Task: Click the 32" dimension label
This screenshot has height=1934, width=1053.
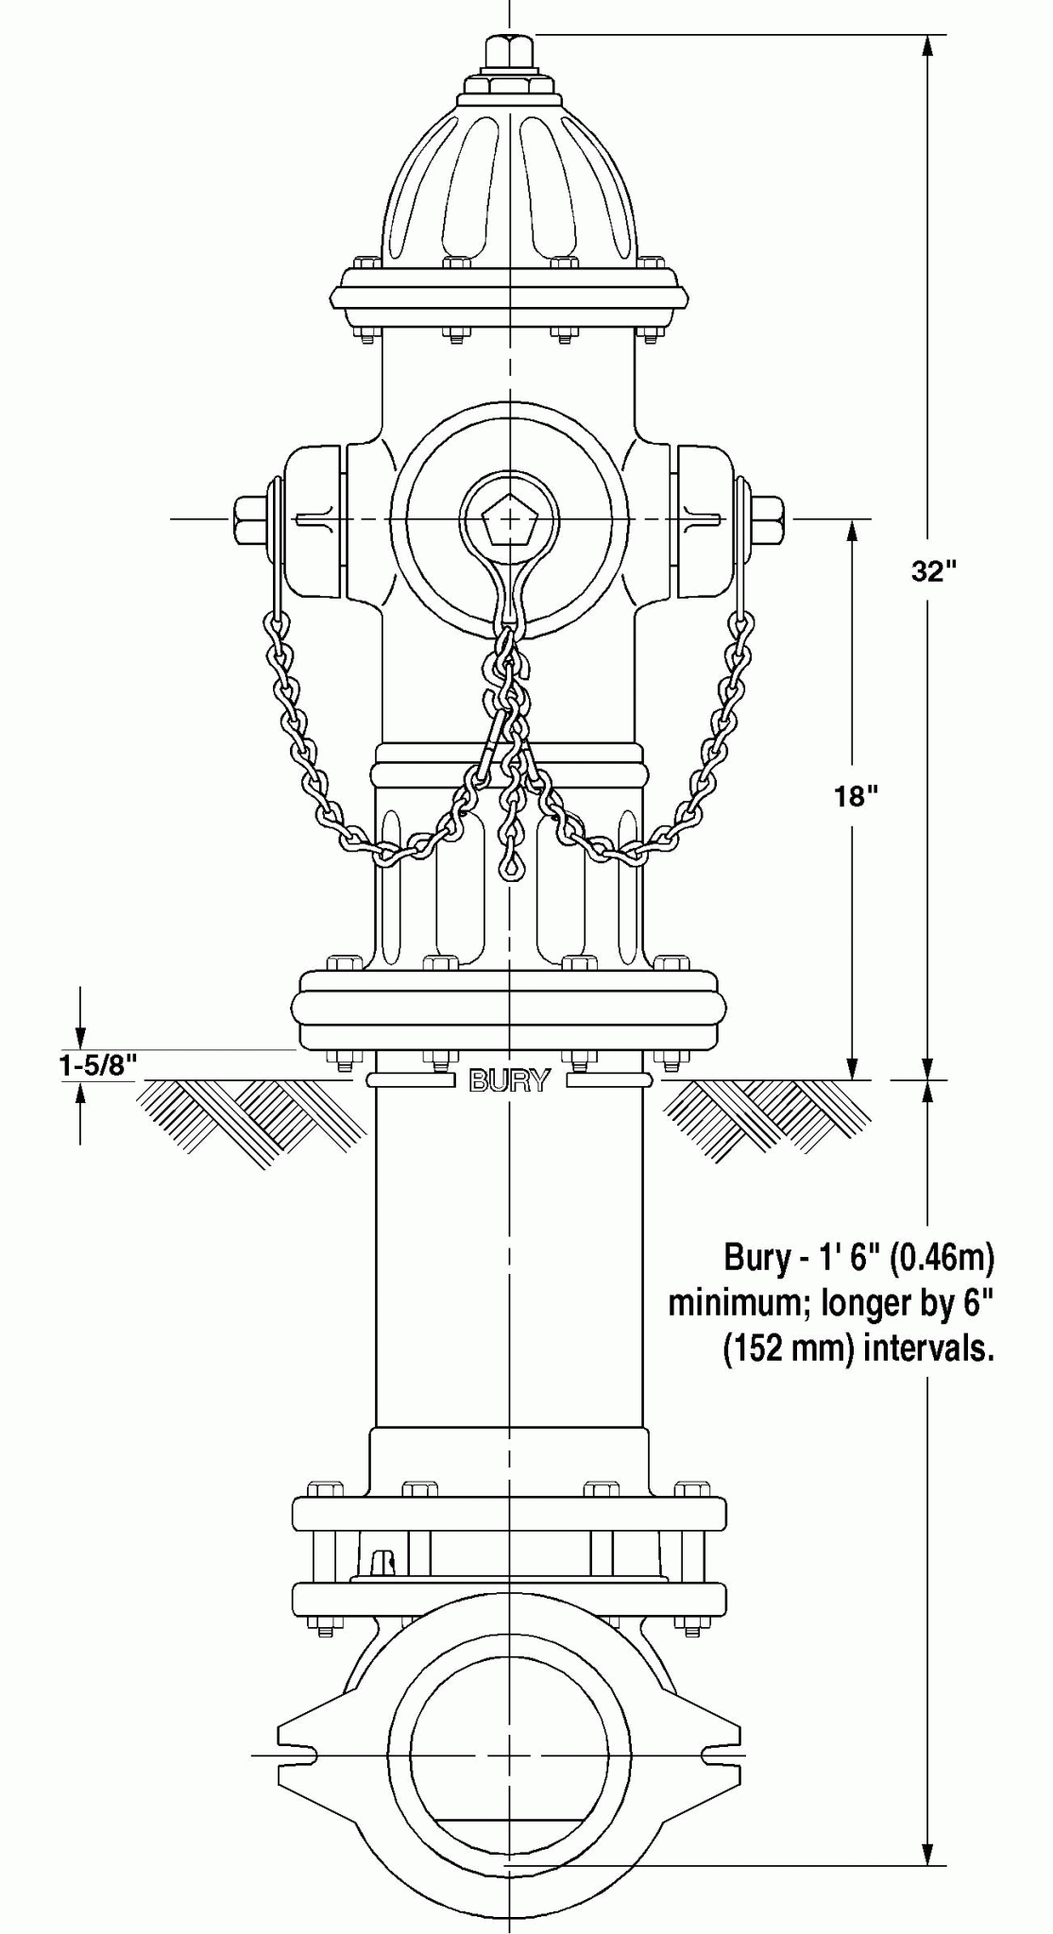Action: point(933,571)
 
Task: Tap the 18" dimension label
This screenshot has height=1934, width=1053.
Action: point(856,797)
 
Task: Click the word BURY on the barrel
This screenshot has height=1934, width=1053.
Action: point(509,1081)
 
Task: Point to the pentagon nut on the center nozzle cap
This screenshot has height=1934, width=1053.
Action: point(509,519)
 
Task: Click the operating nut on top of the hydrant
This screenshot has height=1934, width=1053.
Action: point(510,51)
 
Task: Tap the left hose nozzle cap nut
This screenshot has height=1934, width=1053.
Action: point(249,519)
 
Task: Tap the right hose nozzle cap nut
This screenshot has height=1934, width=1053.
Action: point(768,519)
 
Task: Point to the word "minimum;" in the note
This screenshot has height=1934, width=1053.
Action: point(740,1304)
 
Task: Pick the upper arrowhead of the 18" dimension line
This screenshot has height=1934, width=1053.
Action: point(853,533)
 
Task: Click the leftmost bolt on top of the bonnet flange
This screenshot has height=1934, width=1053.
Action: point(366,262)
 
